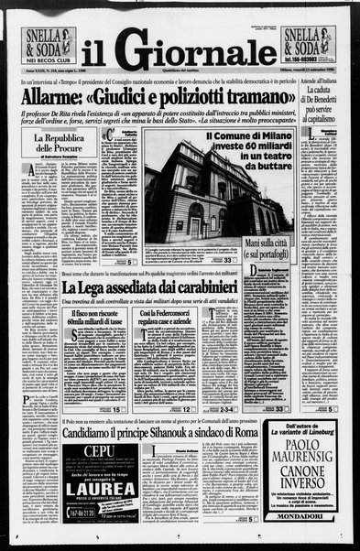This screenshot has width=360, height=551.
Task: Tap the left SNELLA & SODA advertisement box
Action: click(49, 47)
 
